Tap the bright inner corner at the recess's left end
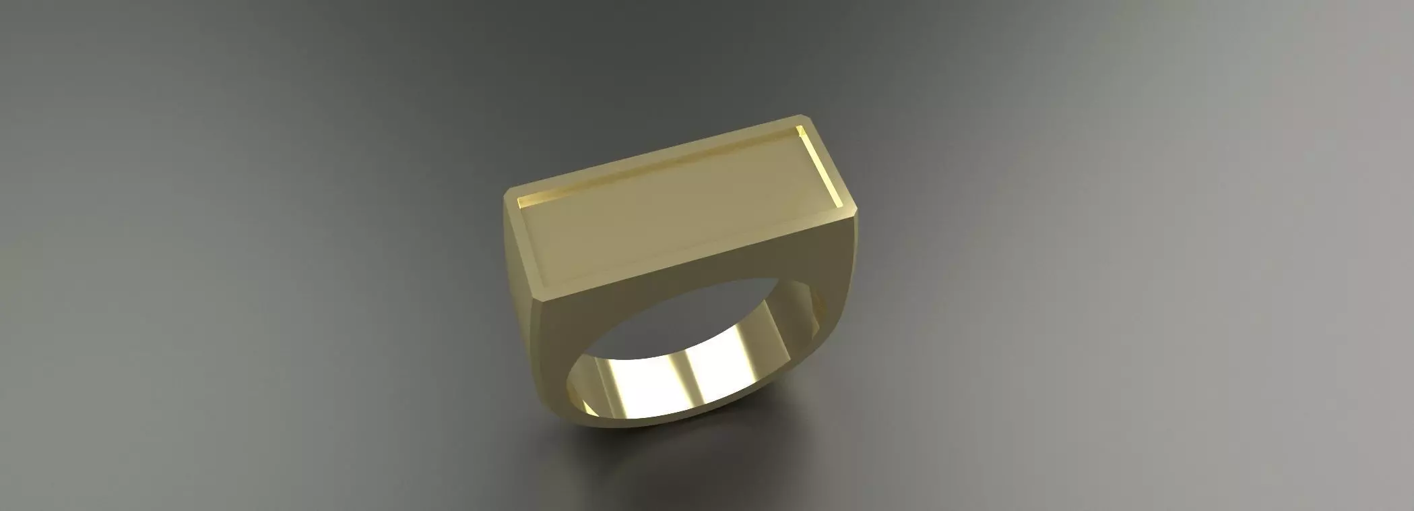tap(519, 202)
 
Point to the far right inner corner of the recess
tap(800, 129)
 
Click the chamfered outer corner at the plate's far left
tap(506, 196)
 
